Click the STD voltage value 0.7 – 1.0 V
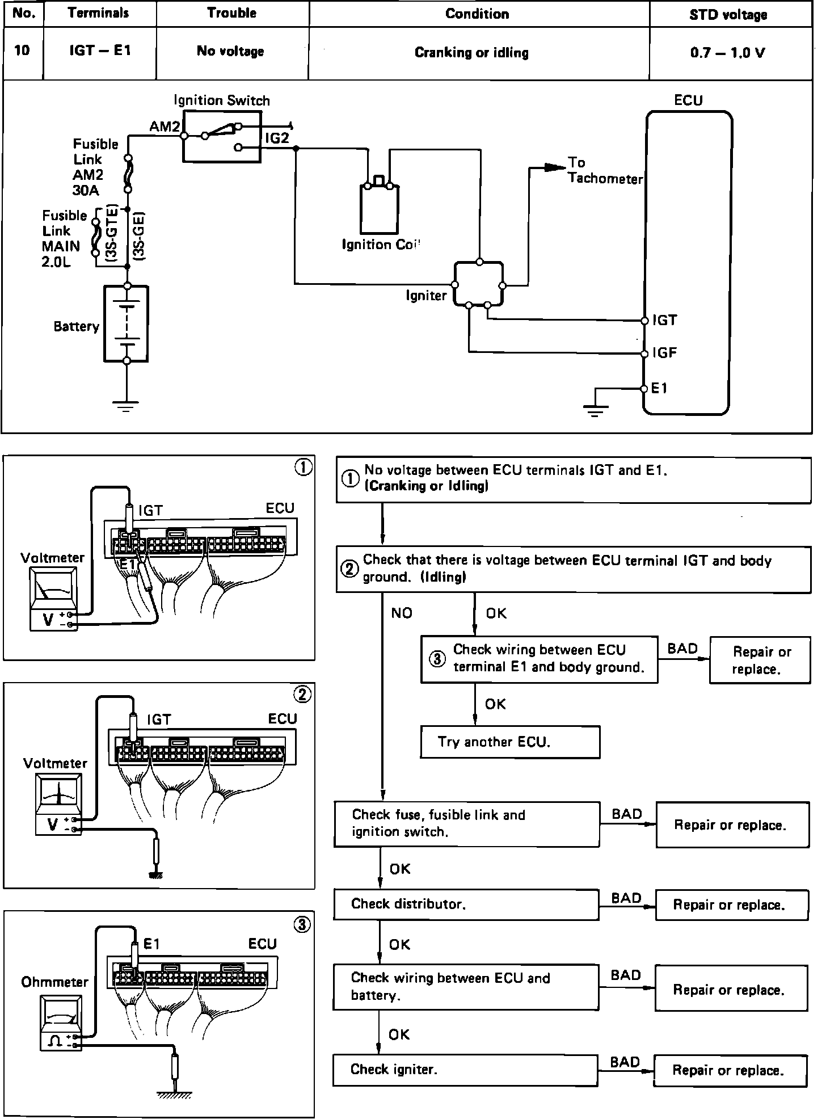click(x=728, y=53)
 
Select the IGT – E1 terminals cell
click(x=100, y=51)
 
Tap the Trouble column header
click(x=231, y=13)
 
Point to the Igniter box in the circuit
click(x=478, y=284)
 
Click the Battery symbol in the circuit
click(x=127, y=323)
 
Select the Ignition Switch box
click(x=222, y=137)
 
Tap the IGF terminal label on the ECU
click(x=664, y=353)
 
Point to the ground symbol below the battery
click(x=126, y=405)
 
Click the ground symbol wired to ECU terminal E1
click(x=595, y=410)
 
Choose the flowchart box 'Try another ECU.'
click(x=510, y=742)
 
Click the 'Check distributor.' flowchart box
click(x=466, y=904)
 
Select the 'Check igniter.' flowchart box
click(x=465, y=1070)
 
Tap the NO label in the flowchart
click(x=402, y=613)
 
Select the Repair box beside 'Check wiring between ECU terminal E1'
click(x=760, y=660)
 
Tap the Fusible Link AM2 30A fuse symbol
click(x=129, y=173)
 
